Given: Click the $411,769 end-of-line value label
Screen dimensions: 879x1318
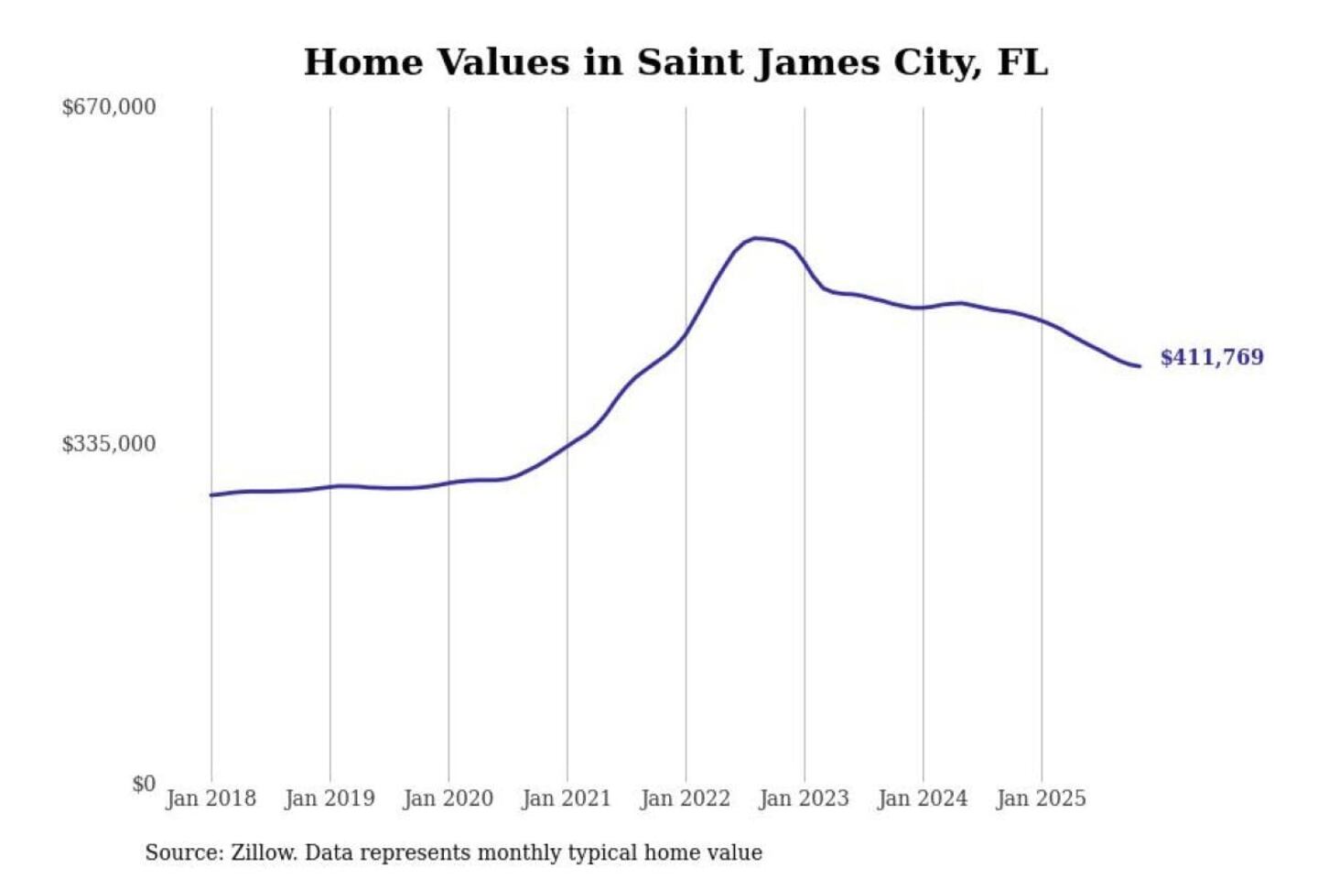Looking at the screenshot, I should click(x=1211, y=357).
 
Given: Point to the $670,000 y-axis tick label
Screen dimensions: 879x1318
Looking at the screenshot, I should click(x=109, y=107).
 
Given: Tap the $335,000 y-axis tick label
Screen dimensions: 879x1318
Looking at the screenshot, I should click(x=109, y=444).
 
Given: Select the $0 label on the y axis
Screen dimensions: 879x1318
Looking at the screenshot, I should click(x=144, y=784).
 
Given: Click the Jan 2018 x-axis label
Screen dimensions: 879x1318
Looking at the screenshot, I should click(x=211, y=798).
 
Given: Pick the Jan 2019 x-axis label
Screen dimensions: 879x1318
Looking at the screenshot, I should click(x=329, y=798).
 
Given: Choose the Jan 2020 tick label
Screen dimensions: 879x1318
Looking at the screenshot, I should click(x=448, y=798).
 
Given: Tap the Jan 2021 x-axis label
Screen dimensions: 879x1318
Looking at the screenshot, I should click(x=567, y=798).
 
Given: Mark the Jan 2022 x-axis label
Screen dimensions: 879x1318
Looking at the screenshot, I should click(x=686, y=798).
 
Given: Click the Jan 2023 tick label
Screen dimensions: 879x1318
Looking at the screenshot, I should click(x=805, y=798).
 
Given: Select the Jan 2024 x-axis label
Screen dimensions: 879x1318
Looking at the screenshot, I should click(x=923, y=798).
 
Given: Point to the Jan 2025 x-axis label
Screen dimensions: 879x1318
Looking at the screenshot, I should click(x=1042, y=798).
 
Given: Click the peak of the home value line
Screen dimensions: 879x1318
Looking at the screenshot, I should click(x=755, y=238).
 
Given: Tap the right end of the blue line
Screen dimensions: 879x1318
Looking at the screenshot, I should click(x=1140, y=366).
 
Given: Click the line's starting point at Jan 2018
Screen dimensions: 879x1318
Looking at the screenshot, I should click(x=211, y=495).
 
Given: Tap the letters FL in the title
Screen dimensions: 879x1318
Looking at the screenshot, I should click(x=1022, y=62).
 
